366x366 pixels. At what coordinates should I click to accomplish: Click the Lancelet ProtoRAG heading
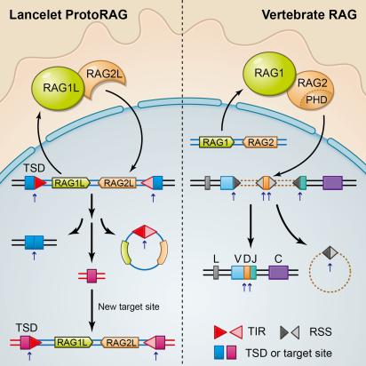(x=68, y=15)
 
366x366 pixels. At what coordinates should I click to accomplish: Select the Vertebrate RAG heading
(x=309, y=15)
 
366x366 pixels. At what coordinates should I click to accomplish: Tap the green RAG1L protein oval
(x=57, y=88)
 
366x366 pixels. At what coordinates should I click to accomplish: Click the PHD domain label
(x=316, y=99)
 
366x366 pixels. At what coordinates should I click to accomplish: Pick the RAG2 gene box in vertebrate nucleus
(x=260, y=142)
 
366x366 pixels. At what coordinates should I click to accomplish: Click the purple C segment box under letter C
(x=278, y=273)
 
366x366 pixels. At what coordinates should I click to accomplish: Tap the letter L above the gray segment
(x=216, y=259)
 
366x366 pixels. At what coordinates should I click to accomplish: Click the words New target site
(x=129, y=306)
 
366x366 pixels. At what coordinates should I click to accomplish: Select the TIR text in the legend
(x=257, y=331)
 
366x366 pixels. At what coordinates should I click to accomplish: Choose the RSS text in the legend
(x=320, y=331)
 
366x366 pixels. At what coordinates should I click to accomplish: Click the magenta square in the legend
(x=232, y=353)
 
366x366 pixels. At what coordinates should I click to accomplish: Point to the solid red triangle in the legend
(x=221, y=332)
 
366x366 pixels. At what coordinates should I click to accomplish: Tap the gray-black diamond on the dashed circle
(x=330, y=252)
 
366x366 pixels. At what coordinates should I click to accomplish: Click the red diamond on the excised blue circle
(x=145, y=232)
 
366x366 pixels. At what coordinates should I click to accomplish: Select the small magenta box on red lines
(x=91, y=276)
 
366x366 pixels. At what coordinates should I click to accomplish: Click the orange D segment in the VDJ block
(x=247, y=273)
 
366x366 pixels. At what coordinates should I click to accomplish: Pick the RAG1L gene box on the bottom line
(x=74, y=342)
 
